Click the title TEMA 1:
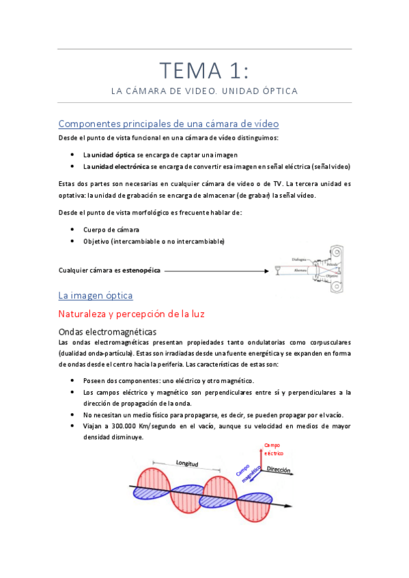[204, 71]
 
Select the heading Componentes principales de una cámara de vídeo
[168, 123]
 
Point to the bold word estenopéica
[141, 271]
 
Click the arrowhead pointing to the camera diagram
[266, 271]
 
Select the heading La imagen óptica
[96, 296]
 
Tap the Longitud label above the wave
[186, 464]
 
